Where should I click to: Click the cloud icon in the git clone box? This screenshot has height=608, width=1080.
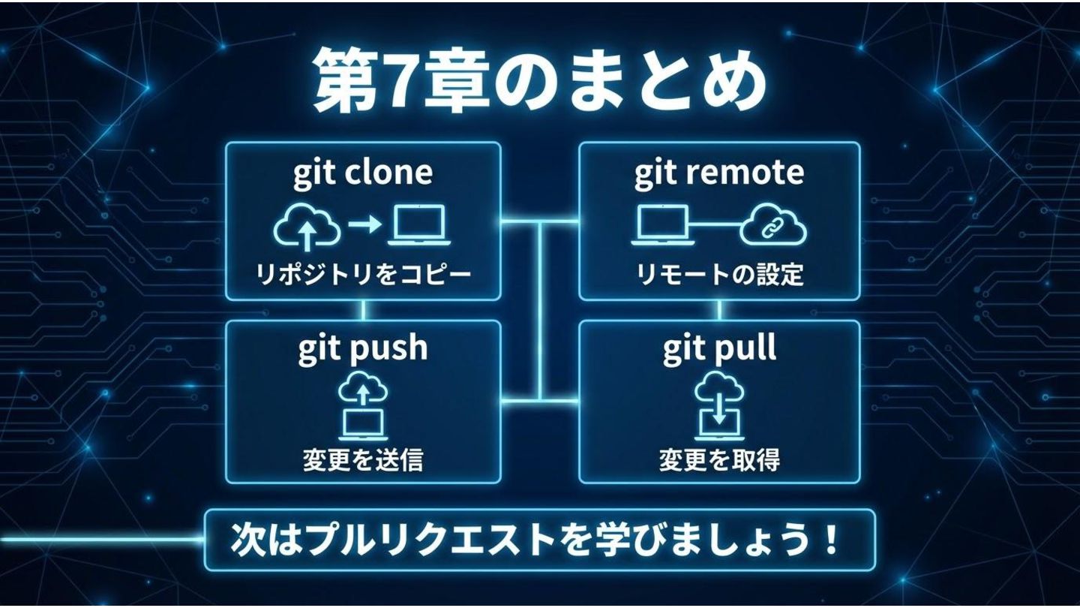[306, 227]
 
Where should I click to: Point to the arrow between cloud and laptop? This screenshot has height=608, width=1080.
[364, 225]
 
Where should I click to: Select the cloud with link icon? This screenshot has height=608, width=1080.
[772, 227]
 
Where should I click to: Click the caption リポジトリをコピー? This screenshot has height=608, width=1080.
[363, 275]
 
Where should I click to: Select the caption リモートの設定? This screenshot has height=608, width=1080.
[719, 275]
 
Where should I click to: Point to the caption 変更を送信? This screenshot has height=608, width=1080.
[363, 459]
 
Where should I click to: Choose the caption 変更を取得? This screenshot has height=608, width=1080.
[719, 459]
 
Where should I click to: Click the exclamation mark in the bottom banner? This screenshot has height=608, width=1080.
[830, 540]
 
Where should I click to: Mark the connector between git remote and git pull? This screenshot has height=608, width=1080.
[719, 310]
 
